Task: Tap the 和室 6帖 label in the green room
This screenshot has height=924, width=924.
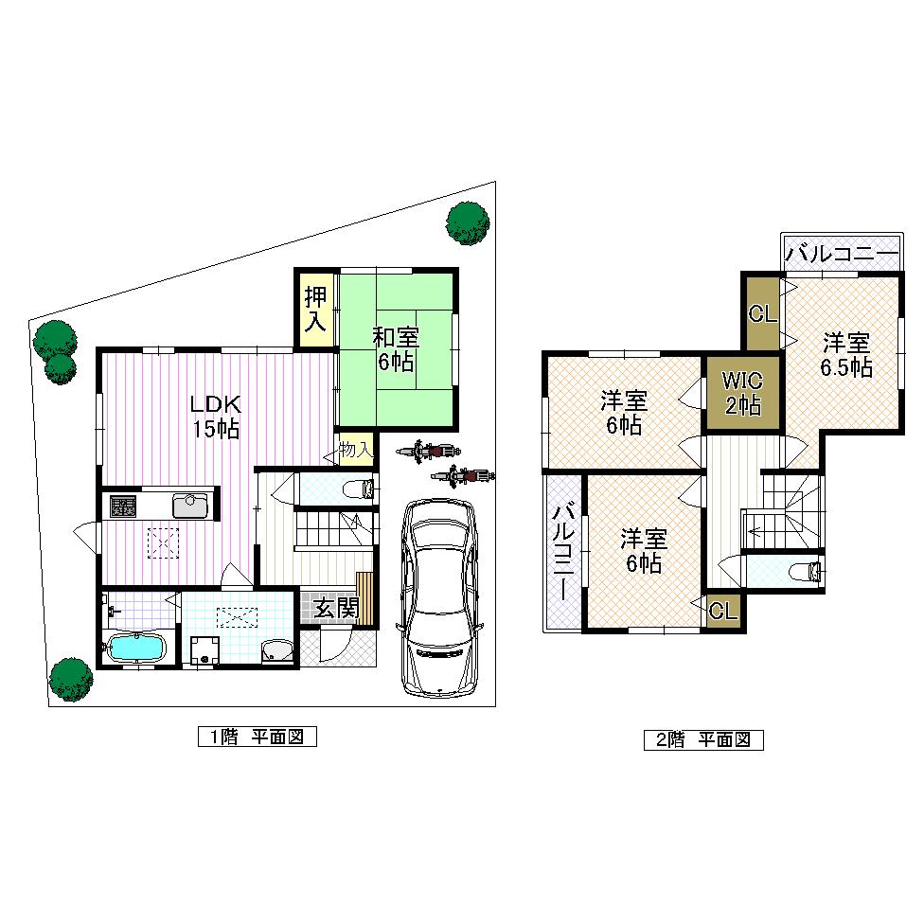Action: click(396, 348)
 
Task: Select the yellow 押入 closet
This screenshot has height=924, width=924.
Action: click(315, 309)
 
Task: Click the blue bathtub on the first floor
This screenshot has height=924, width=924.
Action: click(136, 649)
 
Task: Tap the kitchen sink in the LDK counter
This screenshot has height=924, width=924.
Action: click(190, 506)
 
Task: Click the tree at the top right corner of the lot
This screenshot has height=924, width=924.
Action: click(468, 222)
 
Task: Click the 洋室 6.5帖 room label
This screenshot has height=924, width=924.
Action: click(845, 355)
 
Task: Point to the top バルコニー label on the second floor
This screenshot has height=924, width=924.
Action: click(841, 254)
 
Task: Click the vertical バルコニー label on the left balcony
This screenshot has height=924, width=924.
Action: click(563, 553)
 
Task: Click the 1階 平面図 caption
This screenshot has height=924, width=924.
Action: click(256, 737)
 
